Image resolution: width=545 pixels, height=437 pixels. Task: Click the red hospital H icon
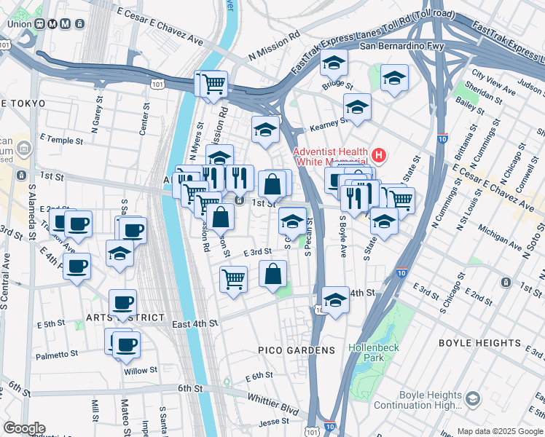click(x=378, y=154)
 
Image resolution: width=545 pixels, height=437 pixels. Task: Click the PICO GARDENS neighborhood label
click(x=297, y=350)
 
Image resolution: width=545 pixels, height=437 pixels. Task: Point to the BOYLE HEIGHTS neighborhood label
click(x=479, y=342)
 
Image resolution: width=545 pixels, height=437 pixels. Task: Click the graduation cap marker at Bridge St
click(x=333, y=66)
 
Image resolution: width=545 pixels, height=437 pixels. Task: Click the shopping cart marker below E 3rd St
click(x=233, y=277)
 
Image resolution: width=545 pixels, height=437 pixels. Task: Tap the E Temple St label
click(x=57, y=137)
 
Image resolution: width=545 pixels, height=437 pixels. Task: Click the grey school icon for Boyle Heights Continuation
click(x=472, y=398)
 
